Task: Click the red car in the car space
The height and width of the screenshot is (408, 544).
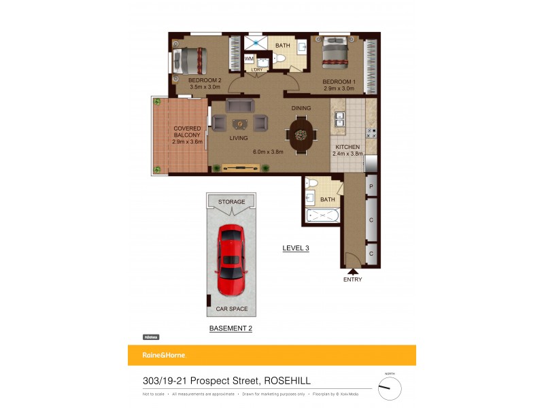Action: [231, 261]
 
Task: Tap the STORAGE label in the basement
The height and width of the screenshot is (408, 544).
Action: [231, 202]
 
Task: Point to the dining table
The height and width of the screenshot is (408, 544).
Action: [301, 134]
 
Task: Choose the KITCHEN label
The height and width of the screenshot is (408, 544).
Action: [347, 147]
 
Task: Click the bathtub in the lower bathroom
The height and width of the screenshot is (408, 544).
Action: [322, 216]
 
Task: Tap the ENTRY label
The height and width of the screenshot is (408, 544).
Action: [352, 279]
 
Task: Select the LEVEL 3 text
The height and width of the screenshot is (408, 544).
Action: [296, 248]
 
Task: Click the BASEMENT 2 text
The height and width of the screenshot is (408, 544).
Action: [231, 328]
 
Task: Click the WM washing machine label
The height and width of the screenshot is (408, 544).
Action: [249, 59]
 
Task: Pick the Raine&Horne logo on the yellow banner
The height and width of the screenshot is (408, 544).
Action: [163, 355]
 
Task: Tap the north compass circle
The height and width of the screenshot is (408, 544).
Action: [390, 388]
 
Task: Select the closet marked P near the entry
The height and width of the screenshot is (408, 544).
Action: [371, 186]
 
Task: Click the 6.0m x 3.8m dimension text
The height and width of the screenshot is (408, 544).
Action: [267, 152]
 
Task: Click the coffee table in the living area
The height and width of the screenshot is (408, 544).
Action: [240, 123]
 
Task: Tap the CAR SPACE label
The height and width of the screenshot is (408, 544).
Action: [231, 309]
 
